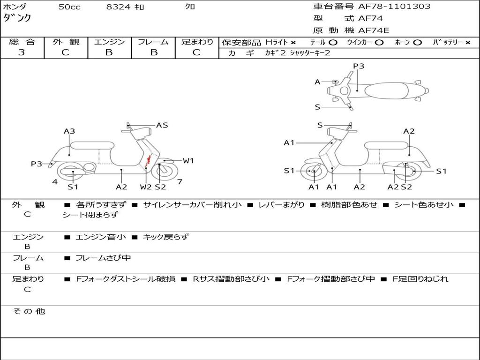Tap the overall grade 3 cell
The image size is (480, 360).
point(22,52)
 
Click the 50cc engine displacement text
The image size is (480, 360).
point(69,7)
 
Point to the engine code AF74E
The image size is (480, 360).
point(374,31)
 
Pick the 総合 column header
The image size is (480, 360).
point(22,42)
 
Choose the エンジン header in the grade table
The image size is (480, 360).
point(109,42)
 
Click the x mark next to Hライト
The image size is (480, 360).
point(293,42)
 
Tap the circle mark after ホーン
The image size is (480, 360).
point(417,42)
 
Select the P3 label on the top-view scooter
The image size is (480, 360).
point(359,66)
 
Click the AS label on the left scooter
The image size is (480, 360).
point(162,125)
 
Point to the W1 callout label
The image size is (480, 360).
point(188,161)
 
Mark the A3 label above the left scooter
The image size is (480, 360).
point(69,131)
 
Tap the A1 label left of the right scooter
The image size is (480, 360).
point(289,142)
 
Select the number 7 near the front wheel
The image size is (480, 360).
point(180,182)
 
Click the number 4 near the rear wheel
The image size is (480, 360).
point(55,182)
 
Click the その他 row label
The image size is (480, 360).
point(29,311)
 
